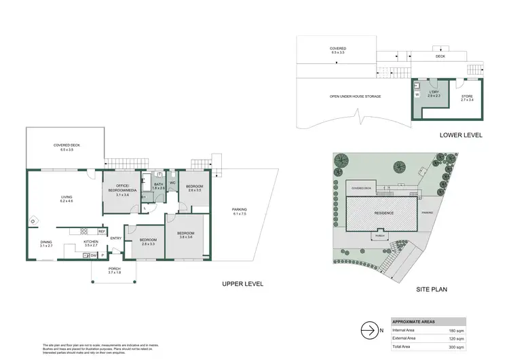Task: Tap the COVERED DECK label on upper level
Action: pos(65,145)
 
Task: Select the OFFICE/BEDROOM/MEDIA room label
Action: pos(122,188)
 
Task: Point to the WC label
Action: pos(173,183)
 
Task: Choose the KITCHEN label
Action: pos(91,242)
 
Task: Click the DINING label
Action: pos(45,242)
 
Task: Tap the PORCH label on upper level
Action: pos(114,269)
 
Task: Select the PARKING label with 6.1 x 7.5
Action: pos(239,209)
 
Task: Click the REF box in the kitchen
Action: pos(101,232)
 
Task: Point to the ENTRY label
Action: pos(116,238)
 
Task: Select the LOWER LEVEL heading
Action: pos(461,135)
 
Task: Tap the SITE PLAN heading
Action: pos(430,289)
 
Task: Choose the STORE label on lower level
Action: pos(467,97)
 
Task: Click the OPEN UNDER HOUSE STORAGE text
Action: pos(355,96)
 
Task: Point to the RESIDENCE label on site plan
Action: pos(383,213)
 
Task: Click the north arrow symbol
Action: pos(368,331)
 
